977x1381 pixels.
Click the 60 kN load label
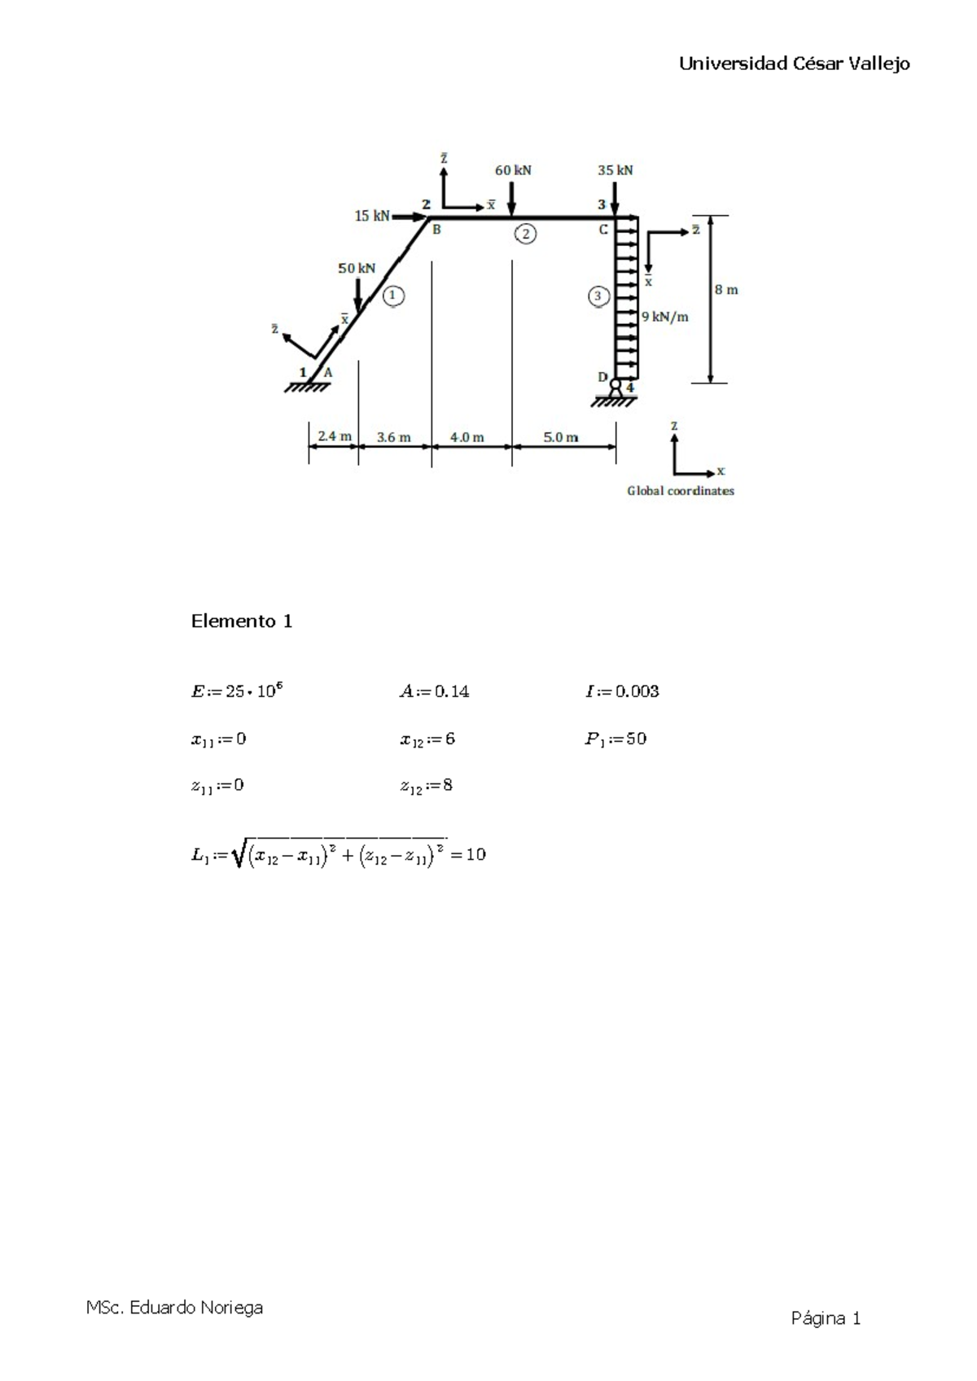pyautogui.click(x=513, y=170)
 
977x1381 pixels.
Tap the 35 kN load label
pyautogui.click(x=615, y=170)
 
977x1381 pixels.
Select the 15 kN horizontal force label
pyautogui.click(x=372, y=216)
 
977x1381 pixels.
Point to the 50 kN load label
pyautogui.click(x=357, y=268)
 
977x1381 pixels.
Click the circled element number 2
pyautogui.click(x=525, y=235)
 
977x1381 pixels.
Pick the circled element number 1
pyautogui.click(x=393, y=296)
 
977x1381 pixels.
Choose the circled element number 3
pyautogui.click(x=598, y=296)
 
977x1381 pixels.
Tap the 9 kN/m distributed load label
pyautogui.click(x=664, y=317)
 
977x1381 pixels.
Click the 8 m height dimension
pyautogui.click(x=726, y=289)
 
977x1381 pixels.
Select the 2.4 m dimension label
pyautogui.click(x=334, y=436)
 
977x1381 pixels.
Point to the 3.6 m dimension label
pyautogui.click(x=394, y=437)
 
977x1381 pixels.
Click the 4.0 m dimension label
pyautogui.click(x=467, y=437)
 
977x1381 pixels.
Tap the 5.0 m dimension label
pyautogui.click(x=561, y=437)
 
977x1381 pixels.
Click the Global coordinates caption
pyautogui.click(x=681, y=491)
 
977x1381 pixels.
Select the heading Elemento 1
pyautogui.click(x=242, y=621)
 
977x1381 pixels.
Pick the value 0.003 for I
pyautogui.click(x=637, y=691)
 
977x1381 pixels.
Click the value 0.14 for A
pyautogui.click(x=452, y=691)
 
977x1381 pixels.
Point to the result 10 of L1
pyautogui.click(x=476, y=854)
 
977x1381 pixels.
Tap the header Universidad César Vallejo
pyautogui.click(x=795, y=64)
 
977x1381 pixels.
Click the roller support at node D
pyautogui.click(x=616, y=388)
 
